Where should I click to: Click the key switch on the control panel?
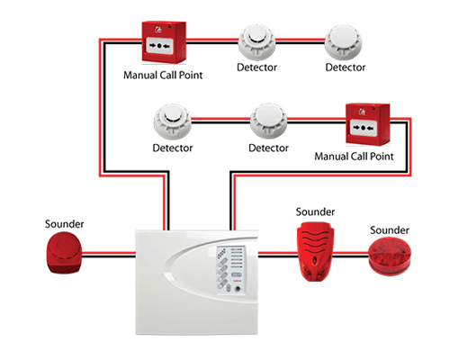[238, 289]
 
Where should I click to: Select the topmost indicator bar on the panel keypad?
[237, 249]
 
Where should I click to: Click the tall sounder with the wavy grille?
[315, 251]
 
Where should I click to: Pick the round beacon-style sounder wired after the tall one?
[390, 256]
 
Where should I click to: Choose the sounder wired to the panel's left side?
[64, 254]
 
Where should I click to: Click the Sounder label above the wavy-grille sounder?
[315, 211]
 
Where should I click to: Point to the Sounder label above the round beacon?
[390, 230]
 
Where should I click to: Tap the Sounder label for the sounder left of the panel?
[64, 224]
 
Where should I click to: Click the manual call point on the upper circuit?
[164, 42]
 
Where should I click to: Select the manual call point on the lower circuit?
[368, 124]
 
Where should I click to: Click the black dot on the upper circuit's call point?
[159, 46]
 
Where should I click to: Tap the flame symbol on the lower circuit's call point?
[362, 112]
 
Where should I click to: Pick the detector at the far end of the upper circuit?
[343, 43]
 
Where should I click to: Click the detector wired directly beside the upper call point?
[256, 43]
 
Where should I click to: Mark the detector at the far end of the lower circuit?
[173, 121]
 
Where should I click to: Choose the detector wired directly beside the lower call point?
[268, 121]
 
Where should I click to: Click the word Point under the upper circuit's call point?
[191, 75]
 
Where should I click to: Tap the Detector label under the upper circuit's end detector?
[346, 67]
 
